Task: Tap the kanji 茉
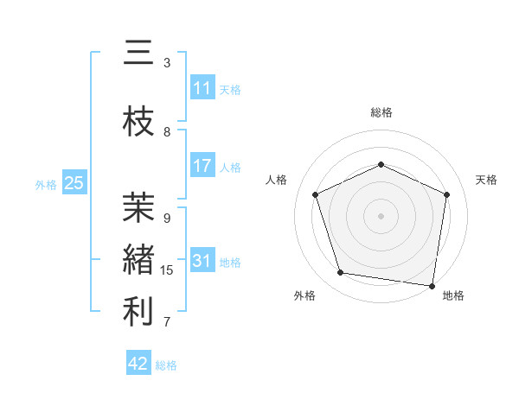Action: (138, 208)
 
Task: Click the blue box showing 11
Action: (202, 88)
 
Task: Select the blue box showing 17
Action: (202, 166)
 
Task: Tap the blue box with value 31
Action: (202, 261)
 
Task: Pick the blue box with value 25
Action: (74, 183)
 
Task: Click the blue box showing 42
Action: (138, 364)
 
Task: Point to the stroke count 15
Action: (167, 270)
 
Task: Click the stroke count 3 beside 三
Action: (167, 63)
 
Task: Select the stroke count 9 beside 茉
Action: (167, 218)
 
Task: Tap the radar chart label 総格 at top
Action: (381, 112)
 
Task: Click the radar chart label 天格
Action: (486, 180)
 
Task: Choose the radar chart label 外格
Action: (304, 295)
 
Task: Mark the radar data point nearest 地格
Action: (432, 285)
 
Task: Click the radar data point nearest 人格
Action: (315, 194)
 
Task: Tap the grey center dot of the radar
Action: (381, 215)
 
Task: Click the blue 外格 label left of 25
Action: (46, 184)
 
